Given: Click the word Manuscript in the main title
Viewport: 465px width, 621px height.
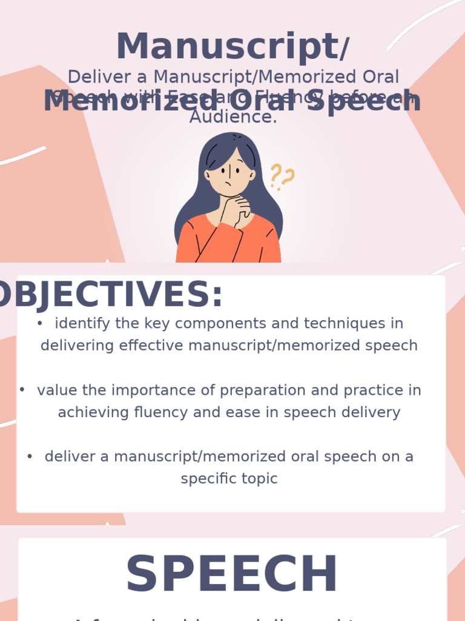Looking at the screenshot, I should pyautogui.click(x=226, y=47).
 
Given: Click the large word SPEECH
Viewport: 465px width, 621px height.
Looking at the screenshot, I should pyautogui.click(x=231, y=575).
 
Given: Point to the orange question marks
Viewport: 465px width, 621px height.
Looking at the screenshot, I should pyautogui.click(x=282, y=176).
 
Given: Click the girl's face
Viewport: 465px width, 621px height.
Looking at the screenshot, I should pyautogui.click(x=229, y=173).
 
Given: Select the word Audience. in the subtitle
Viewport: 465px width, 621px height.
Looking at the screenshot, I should pyautogui.click(x=233, y=117).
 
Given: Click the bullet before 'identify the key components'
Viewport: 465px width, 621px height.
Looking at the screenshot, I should pyautogui.click(x=40, y=324).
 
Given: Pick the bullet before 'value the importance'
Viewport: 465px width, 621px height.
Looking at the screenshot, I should pyautogui.click(x=22, y=390).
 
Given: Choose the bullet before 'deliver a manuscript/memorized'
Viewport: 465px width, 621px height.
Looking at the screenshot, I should pyautogui.click(x=30, y=456).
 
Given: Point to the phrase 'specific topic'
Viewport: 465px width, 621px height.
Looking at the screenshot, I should pyautogui.click(x=229, y=478).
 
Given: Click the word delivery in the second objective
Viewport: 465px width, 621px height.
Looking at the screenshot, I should pyautogui.click(x=372, y=413).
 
